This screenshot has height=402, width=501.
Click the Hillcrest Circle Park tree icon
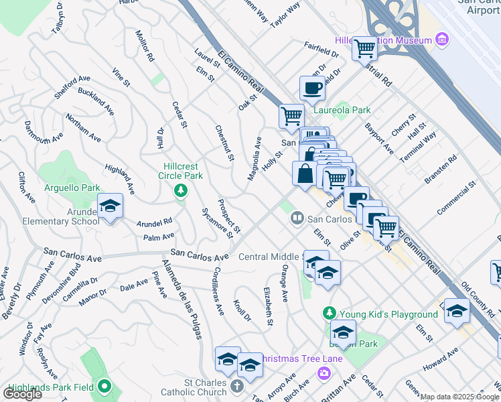click(x=180, y=192)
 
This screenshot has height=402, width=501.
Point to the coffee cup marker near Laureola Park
click(x=311, y=88)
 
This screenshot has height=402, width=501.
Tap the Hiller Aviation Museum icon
click(x=442, y=41)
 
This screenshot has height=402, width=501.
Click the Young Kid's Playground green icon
click(x=329, y=314)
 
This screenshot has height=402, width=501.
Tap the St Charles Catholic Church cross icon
click(x=236, y=385)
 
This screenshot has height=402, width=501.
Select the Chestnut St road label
click(x=224, y=143)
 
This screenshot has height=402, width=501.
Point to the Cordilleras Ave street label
click(x=217, y=292)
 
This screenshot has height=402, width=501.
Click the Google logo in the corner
click(x=23, y=394)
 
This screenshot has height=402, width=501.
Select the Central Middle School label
click(x=272, y=257)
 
